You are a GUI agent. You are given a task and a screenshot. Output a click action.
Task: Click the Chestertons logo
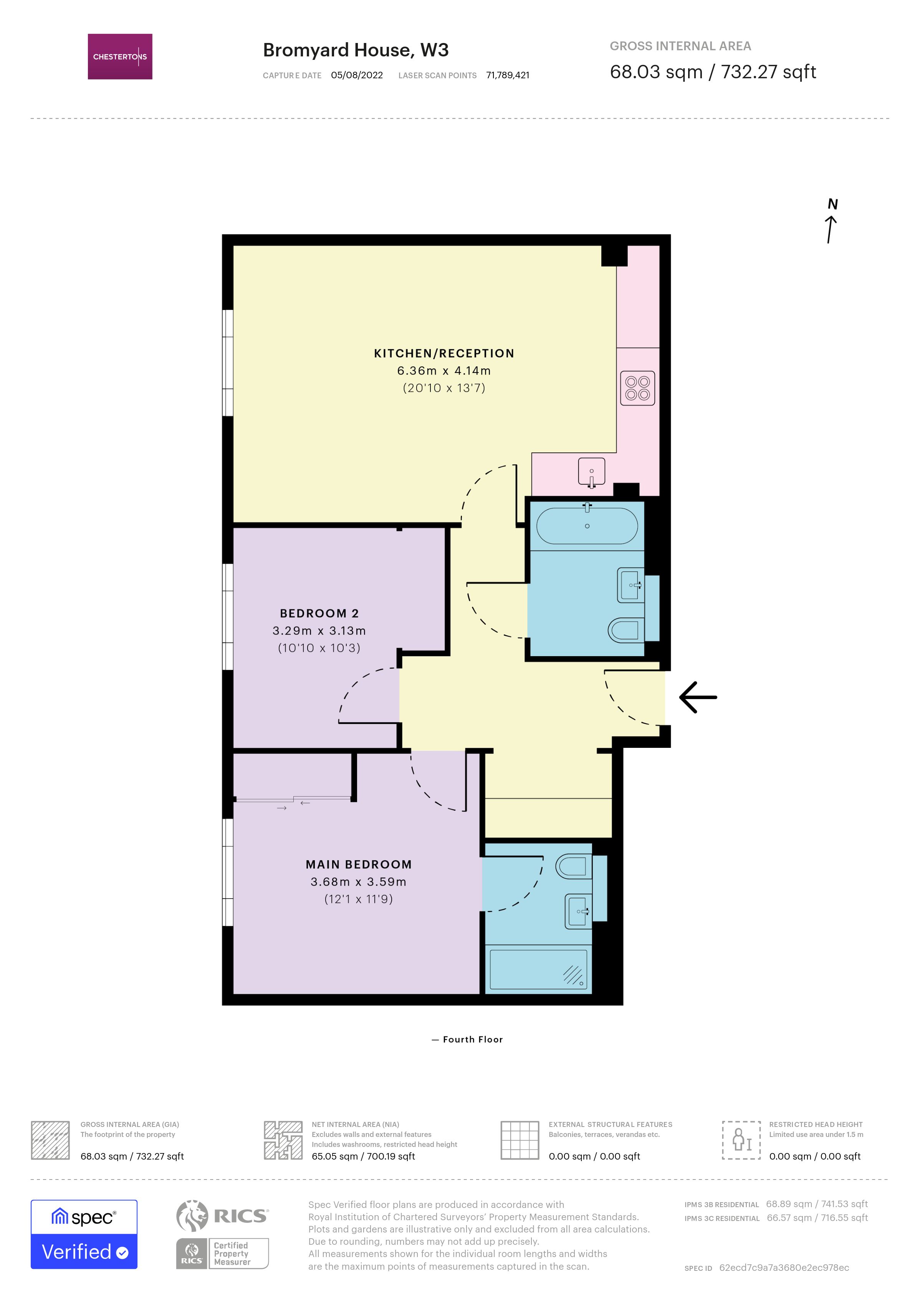pos(119,57)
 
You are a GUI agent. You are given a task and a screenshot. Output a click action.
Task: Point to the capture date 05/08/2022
pos(356,75)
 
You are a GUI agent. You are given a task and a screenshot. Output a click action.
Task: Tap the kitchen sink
pos(591,471)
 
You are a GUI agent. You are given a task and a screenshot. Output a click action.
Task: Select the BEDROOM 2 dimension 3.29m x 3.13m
pos(319,631)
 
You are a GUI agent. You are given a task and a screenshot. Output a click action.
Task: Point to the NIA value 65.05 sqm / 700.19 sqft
pos(363,1156)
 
